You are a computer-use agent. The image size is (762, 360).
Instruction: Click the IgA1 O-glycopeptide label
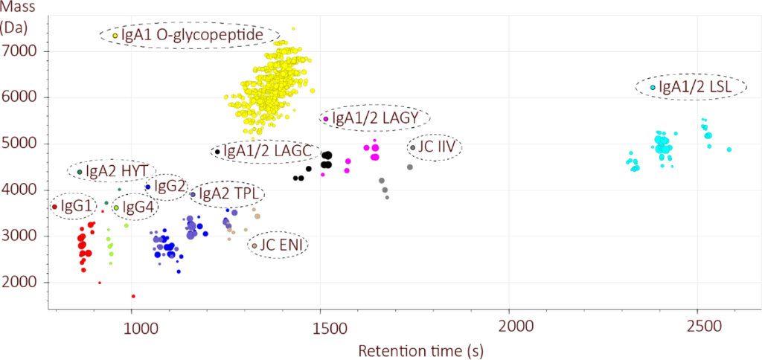click(190, 35)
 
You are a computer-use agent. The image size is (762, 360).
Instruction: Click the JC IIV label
click(435, 147)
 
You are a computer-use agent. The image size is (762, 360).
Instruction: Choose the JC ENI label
click(279, 245)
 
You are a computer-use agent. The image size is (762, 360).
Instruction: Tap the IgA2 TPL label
click(228, 194)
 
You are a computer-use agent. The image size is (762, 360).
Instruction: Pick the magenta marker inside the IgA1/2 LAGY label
click(325, 119)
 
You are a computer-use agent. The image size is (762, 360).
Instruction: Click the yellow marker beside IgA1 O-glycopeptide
click(115, 36)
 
